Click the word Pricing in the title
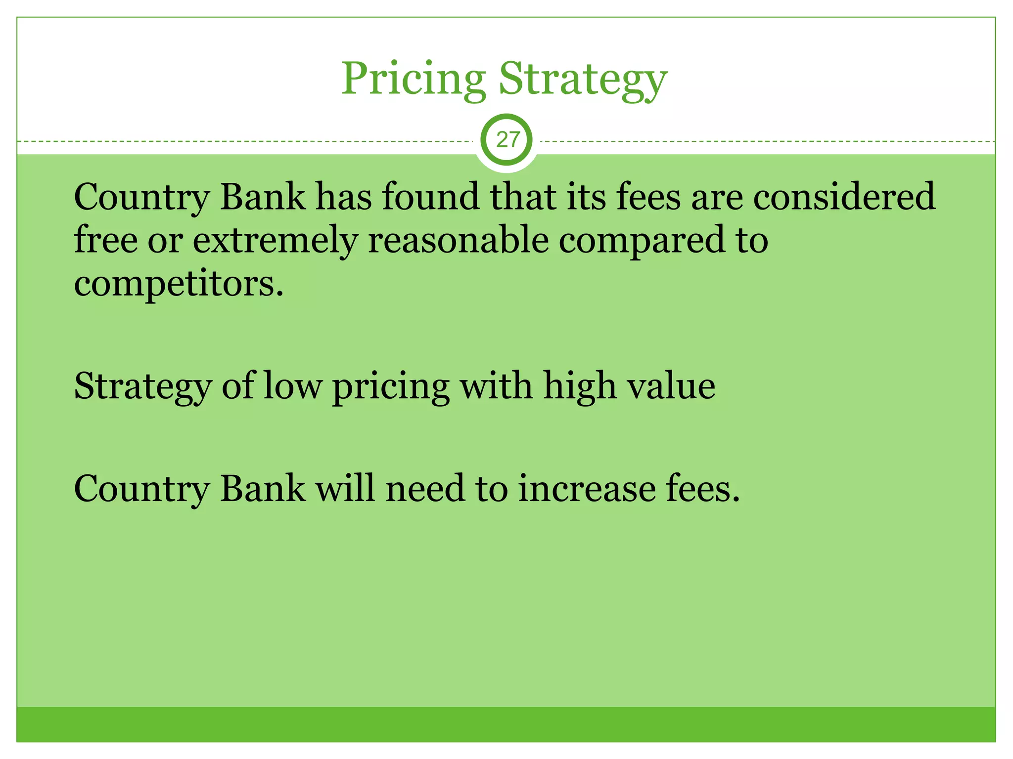(414, 79)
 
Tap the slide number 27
(507, 140)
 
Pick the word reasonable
(458, 240)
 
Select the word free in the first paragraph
(105, 240)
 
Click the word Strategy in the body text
(142, 386)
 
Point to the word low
(292, 385)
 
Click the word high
(580, 386)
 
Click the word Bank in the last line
(262, 488)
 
